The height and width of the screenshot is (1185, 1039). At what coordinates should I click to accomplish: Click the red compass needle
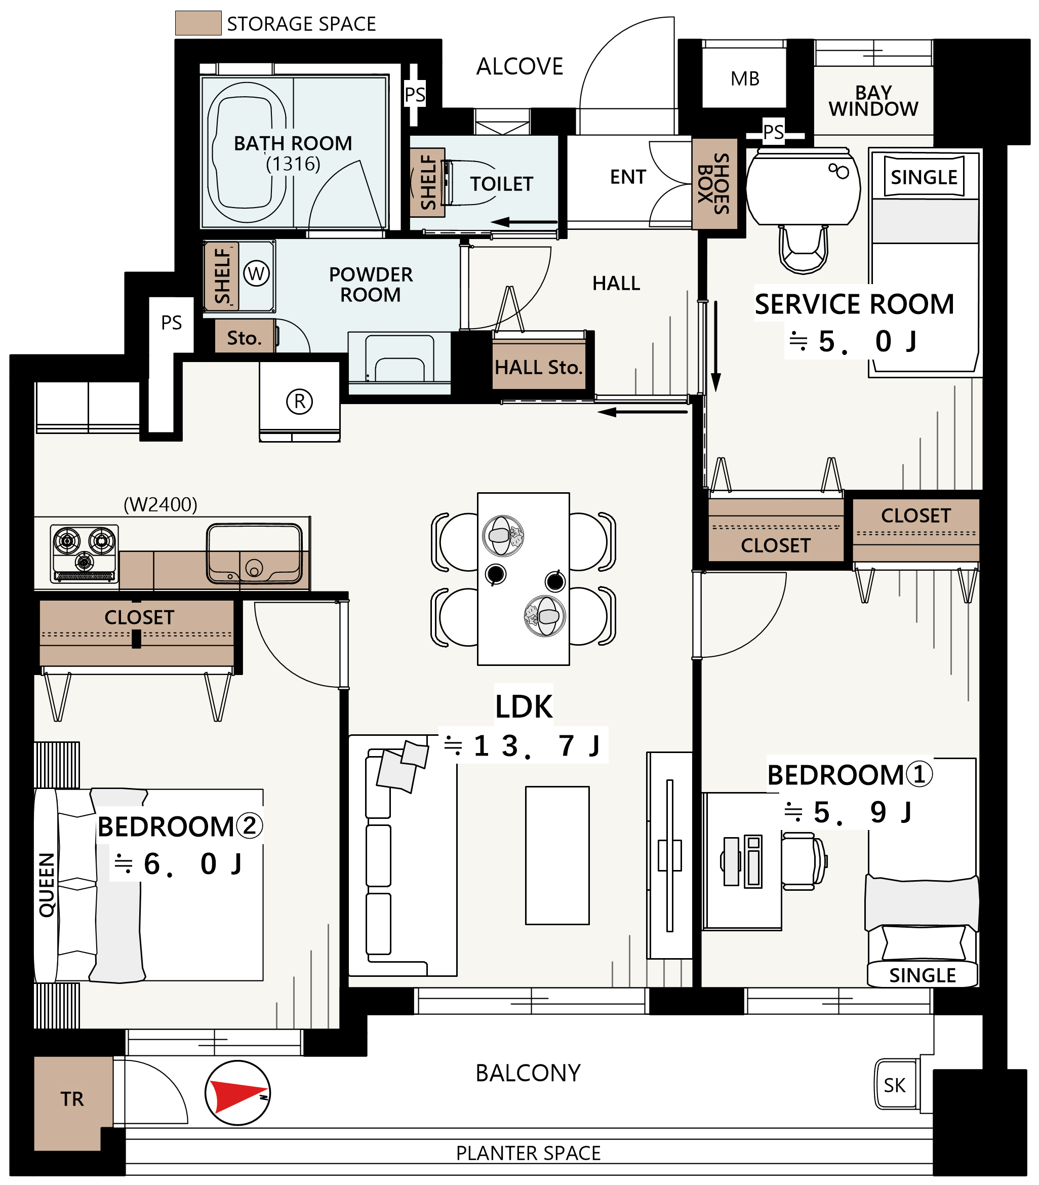(x=235, y=1095)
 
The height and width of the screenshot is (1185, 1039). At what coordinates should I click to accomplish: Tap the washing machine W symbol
(x=256, y=273)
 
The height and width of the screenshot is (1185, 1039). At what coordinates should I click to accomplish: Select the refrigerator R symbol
(x=300, y=401)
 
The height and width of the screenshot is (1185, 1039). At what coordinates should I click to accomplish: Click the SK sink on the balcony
(x=895, y=1085)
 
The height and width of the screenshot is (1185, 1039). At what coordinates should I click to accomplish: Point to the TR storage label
(x=72, y=1099)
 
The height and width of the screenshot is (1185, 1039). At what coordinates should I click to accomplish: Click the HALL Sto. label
(x=538, y=367)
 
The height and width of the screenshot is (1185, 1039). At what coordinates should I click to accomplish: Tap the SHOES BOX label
(x=714, y=184)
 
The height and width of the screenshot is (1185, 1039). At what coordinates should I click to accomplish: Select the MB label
(x=745, y=78)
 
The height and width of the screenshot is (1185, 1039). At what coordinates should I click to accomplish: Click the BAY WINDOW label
(x=873, y=101)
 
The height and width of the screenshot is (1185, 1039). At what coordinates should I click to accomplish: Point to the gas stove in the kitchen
(x=85, y=554)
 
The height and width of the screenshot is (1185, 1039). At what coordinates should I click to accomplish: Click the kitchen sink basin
(x=255, y=554)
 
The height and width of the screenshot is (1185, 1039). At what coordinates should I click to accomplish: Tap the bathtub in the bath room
(x=247, y=152)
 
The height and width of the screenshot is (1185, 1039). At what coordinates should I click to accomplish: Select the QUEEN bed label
(x=47, y=885)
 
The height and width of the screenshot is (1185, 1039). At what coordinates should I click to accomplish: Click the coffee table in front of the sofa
(x=557, y=855)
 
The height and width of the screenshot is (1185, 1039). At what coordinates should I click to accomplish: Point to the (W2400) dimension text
(x=161, y=504)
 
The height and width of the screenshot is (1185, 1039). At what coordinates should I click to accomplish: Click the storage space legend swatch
(x=198, y=23)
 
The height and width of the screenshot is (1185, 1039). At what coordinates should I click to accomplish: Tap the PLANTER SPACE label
(x=528, y=1153)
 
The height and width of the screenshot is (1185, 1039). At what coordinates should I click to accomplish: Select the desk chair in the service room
(x=804, y=248)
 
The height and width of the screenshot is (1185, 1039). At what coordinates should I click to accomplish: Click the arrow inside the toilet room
(x=524, y=222)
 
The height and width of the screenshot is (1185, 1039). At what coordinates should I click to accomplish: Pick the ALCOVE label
(x=519, y=67)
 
